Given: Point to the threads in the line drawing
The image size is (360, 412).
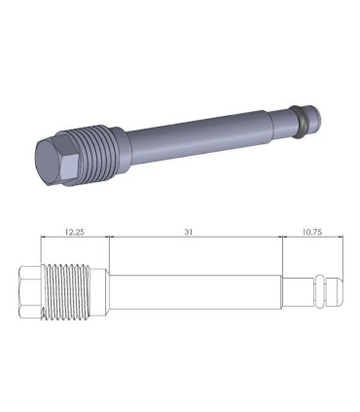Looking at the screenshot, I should click(79, 291).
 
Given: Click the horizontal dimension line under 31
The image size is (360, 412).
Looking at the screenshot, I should click(195, 239).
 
